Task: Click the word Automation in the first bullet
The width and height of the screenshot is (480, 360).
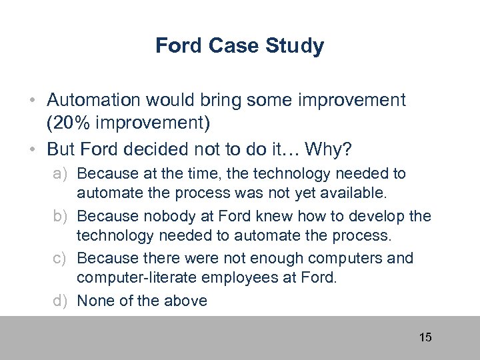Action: (94, 100)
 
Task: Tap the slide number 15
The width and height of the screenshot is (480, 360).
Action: (425, 337)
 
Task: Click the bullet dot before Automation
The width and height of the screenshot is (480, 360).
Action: (33, 101)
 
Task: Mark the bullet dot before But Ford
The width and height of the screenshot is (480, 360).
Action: (33, 148)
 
